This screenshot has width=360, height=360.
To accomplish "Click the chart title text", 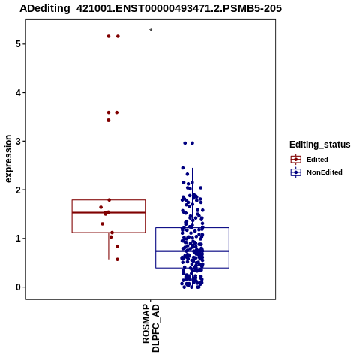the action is click(x=151, y=8).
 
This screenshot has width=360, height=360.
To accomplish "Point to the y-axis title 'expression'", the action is click(x=8, y=159).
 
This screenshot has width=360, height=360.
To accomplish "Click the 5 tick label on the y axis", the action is click(x=18, y=44).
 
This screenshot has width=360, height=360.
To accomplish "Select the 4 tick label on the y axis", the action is click(x=18, y=93).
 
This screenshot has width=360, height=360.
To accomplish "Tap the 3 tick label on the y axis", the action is click(x=18, y=141).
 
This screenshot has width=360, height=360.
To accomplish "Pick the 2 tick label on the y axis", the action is click(x=18, y=190).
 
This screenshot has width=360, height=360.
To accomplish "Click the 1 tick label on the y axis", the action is click(x=18, y=238).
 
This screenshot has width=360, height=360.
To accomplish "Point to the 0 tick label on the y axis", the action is click(x=18, y=287).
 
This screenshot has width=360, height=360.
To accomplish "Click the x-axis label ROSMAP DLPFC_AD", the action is click(x=151, y=328).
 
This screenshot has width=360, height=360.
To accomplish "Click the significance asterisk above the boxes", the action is click(x=151, y=30).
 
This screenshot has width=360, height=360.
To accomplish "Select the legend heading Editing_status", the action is click(x=320, y=145).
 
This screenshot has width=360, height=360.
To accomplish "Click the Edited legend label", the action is click(x=317, y=160).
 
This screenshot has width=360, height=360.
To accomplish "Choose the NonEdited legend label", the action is click(x=325, y=172).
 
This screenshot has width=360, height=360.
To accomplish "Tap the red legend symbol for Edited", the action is click(x=296, y=160).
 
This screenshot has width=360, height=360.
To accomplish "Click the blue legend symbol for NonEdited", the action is click(x=296, y=172).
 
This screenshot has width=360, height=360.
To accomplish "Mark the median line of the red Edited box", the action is click(x=109, y=212).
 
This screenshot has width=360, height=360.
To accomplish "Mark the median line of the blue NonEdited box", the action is click(x=192, y=250).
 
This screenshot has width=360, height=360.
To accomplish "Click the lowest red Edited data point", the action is click(x=117, y=259).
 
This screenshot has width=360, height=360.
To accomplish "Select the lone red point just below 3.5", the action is click(x=109, y=121).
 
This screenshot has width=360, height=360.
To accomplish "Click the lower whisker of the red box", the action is click(x=109, y=246).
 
